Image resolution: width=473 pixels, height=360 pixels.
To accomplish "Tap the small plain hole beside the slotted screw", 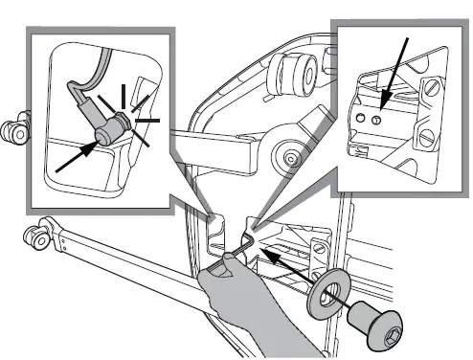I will click(361, 115).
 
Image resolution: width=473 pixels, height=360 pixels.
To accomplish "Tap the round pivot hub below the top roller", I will click(283, 154).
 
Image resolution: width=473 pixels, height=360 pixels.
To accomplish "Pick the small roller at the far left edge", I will click(11, 130).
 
